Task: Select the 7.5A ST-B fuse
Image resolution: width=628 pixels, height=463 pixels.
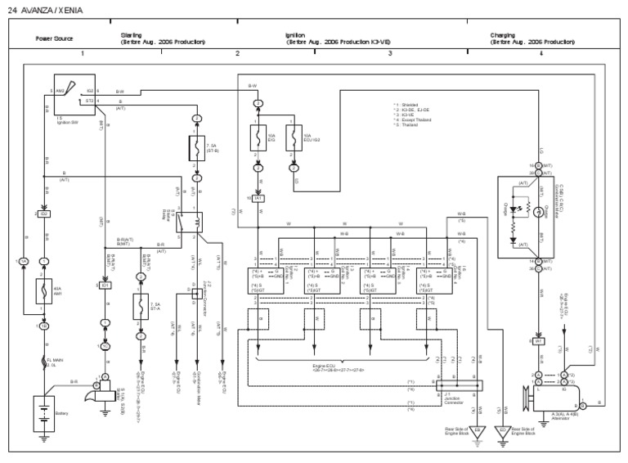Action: click(x=196, y=148)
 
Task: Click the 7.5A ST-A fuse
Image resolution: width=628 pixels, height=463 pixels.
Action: click(x=141, y=307)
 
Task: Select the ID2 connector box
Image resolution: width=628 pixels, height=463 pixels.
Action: click(x=45, y=214)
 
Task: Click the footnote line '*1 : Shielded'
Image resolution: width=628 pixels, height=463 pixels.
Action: click(x=409, y=106)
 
